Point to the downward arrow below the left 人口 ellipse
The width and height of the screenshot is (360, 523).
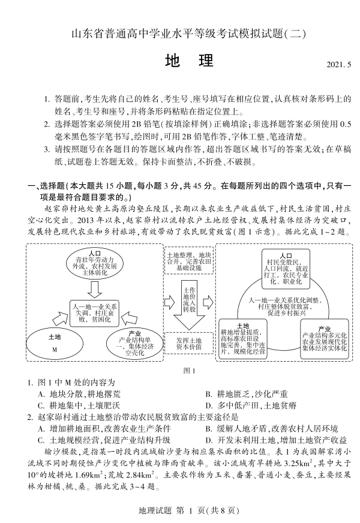94,289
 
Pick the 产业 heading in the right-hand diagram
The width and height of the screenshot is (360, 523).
325,328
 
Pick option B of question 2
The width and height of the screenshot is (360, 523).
271,428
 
